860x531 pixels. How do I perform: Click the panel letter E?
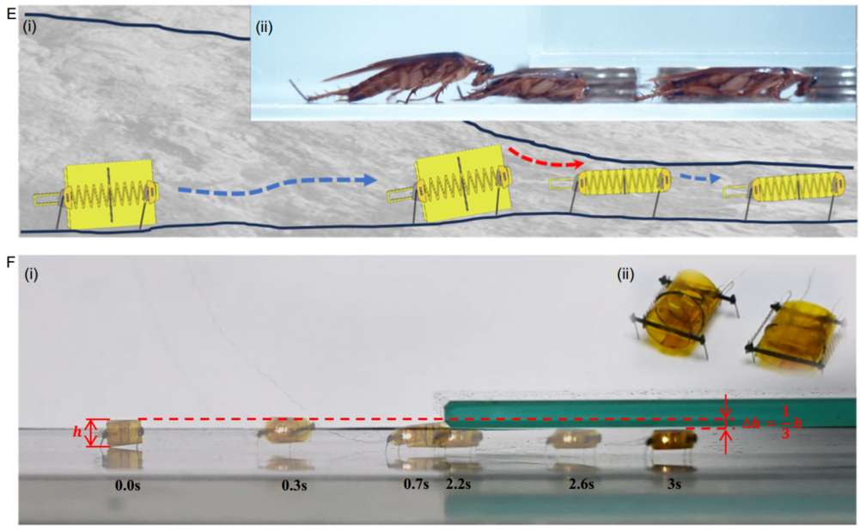(11, 15)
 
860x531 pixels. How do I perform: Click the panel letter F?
(11, 262)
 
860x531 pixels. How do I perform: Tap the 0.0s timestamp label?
(128, 485)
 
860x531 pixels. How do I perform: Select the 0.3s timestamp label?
(295, 485)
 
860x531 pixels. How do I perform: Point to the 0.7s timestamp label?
(417, 485)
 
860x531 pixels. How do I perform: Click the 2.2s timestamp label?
(458, 485)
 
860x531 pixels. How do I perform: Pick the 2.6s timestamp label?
(582, 485)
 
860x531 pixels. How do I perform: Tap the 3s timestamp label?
(674, 485)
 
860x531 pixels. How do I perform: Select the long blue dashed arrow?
(277, 186)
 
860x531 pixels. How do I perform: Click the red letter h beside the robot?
(77, 432)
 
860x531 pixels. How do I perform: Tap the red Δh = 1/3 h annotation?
(765, 423)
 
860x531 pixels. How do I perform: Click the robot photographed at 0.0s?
(120, 433)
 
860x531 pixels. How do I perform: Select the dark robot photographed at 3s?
(671, 440)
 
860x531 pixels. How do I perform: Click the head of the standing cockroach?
(483, 70)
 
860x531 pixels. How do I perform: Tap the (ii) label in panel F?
(625, 274)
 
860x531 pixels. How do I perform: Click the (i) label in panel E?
(29, 27)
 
